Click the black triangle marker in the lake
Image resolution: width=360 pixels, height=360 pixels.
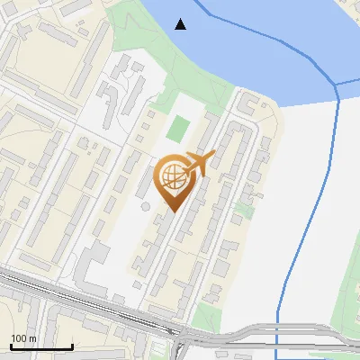(x=182, y=24)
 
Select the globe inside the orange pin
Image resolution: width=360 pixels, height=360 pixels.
(x=173, y=178)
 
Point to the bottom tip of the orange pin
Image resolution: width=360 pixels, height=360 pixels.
(x=172, y=211)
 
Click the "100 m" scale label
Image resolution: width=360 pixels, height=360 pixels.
(x=23, y=338)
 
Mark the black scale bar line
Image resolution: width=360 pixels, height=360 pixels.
(x=41, y=346)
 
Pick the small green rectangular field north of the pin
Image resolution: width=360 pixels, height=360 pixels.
(x=179, y=129)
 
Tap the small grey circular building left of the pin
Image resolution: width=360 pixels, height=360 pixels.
(x=145, y=205)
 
